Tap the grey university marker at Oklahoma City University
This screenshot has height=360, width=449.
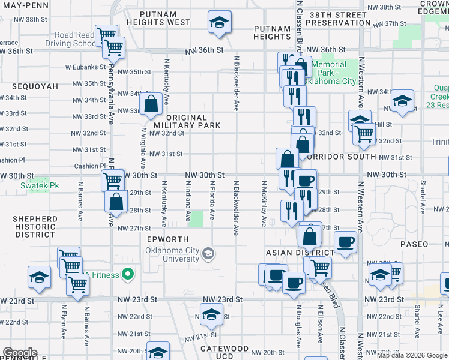[x=208, y=253]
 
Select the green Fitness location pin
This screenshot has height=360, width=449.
[x=127, y=275]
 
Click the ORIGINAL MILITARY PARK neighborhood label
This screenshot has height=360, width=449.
[x=186, y=121]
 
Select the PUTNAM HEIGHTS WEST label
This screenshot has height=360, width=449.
[x=165, y=18]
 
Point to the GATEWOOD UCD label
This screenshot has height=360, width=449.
[x=225, y=352]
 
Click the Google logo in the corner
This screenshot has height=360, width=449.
[x=19, y=353]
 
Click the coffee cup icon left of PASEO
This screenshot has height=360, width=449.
[x=345, y=243]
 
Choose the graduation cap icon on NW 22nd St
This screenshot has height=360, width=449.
[x=211, y=314]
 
